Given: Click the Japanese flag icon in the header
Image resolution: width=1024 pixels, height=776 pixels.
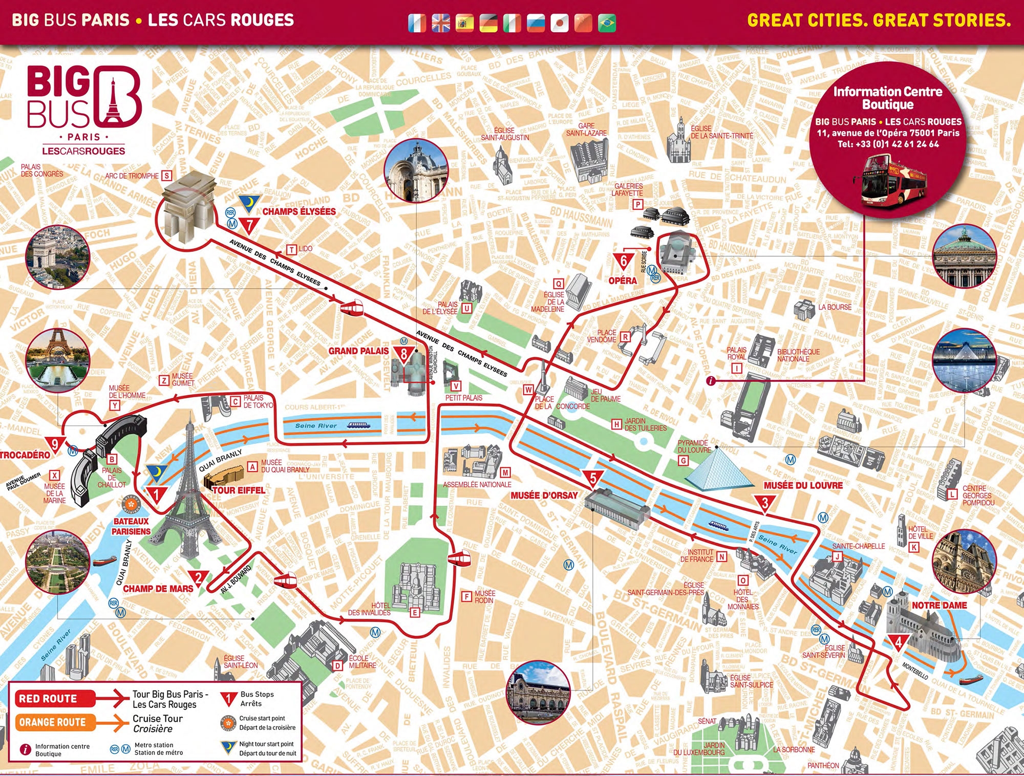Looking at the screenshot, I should tap(559, 23).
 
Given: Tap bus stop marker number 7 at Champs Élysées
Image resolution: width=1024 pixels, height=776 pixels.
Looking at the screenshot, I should tap(249, 225).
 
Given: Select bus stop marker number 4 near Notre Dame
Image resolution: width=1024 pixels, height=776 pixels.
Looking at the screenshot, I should tap(898, 642).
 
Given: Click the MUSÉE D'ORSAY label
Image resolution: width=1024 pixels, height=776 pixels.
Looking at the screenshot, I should tap(544, 495).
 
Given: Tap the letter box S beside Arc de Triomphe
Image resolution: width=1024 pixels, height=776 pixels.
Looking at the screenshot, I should tap(166, 176).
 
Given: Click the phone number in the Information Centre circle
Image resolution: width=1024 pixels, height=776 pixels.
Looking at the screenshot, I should tap(888, 144).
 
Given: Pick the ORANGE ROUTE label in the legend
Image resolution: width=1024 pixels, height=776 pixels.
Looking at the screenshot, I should tap(52, 722).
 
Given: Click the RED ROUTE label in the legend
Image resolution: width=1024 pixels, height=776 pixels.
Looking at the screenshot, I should tap(48, 699).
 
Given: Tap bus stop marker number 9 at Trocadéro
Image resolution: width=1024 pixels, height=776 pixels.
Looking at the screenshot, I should tap(54, 444).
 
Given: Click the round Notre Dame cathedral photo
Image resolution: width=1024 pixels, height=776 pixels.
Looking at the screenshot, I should tap(964, 562).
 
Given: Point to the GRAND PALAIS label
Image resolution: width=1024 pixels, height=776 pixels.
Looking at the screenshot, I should tap(358, 351).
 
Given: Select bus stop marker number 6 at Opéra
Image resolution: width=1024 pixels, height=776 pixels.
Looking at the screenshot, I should tap(623, 261).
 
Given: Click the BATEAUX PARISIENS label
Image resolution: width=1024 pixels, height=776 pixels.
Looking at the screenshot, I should tap(131, 526).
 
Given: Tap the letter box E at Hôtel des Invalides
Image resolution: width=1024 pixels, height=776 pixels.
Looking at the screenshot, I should tap(415, 612).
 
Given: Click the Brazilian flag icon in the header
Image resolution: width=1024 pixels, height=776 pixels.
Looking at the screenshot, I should tap(607, 23).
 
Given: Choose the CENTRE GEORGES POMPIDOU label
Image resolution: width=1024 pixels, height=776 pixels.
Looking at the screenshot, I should tap(978, 495).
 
